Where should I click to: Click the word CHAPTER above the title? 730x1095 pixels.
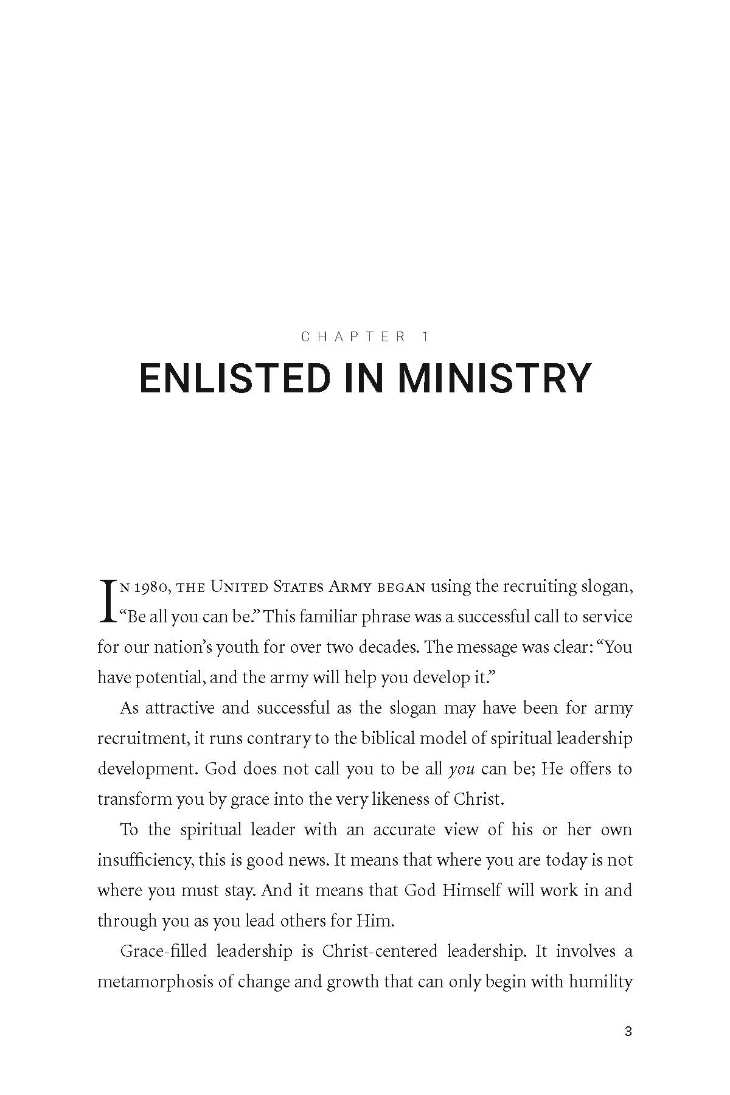coord(353,336)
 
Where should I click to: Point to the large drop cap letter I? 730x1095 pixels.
coord(107,601)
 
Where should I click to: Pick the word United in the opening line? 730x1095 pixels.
coord(239,587)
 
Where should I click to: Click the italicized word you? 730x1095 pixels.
coord(461,769)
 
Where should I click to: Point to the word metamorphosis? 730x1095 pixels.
coord(155,982)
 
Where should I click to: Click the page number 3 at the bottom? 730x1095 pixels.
coord(628,1032)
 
